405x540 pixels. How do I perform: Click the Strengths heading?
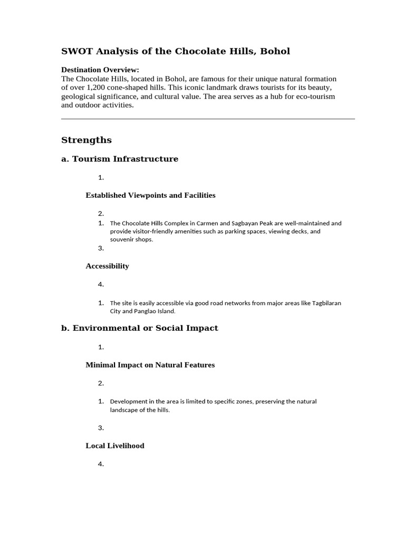[86, 140]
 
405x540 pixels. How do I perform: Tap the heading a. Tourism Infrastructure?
[120, 159]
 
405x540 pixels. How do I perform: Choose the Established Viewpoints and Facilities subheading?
[150, 195]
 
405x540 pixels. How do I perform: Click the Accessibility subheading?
[107, 266]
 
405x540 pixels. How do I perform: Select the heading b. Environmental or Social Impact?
[140, 328]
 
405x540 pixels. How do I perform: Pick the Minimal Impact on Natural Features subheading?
[150, 365]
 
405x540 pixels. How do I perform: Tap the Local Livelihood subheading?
[115, 446]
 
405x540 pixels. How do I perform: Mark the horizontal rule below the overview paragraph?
[208, 119]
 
